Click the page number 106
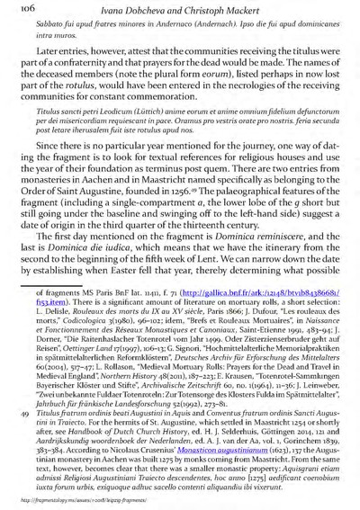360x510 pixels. [21, 8]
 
